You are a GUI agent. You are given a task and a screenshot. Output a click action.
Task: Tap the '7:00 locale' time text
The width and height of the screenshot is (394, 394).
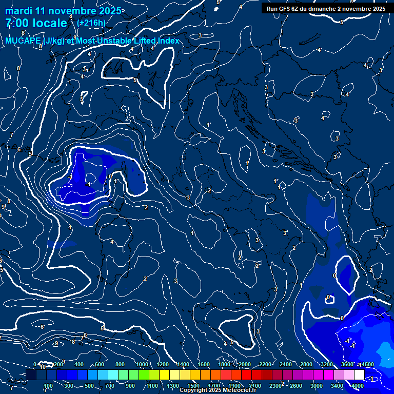pyautogui.click(x=36, y=23)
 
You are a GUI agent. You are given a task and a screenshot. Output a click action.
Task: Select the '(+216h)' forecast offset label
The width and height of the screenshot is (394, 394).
pyautogui.click(x=91, y=23)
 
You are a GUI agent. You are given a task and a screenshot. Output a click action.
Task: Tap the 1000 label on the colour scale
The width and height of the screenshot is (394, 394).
pyautogui.click(x=142, y=364)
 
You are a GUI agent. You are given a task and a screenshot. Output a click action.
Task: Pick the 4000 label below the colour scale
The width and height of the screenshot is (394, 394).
pyautogui.click(x=358, y=386)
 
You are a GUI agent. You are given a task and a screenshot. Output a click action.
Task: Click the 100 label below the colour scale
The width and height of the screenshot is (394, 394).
pyautogui.click(x=48, y=386)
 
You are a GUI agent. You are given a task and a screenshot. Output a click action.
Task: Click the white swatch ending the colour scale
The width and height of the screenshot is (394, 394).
pyautogui.click(x=359, y=375)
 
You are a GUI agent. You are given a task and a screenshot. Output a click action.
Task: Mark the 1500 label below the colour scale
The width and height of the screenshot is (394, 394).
pyautogui.click(x=193, y=386)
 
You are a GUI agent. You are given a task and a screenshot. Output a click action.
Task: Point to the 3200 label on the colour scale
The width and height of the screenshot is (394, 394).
pyautogui.click(x=327, y=364)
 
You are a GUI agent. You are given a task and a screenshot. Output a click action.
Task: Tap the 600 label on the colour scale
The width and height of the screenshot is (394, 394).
pyautogui.click(x=100, y=364)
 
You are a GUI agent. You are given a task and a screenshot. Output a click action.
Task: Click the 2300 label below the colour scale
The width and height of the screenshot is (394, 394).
pyautogui.click(x=275, y=386)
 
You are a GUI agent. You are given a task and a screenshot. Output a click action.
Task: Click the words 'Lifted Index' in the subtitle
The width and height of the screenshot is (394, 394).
pyautogui.click(x=154, y=41)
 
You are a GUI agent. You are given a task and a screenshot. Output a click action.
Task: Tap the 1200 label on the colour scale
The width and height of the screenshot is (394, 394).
pyautogui.click(x=163, y=364)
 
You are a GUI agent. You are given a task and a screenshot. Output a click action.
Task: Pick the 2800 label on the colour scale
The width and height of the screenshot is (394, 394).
pyautogui.click(x=306, y=364)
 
